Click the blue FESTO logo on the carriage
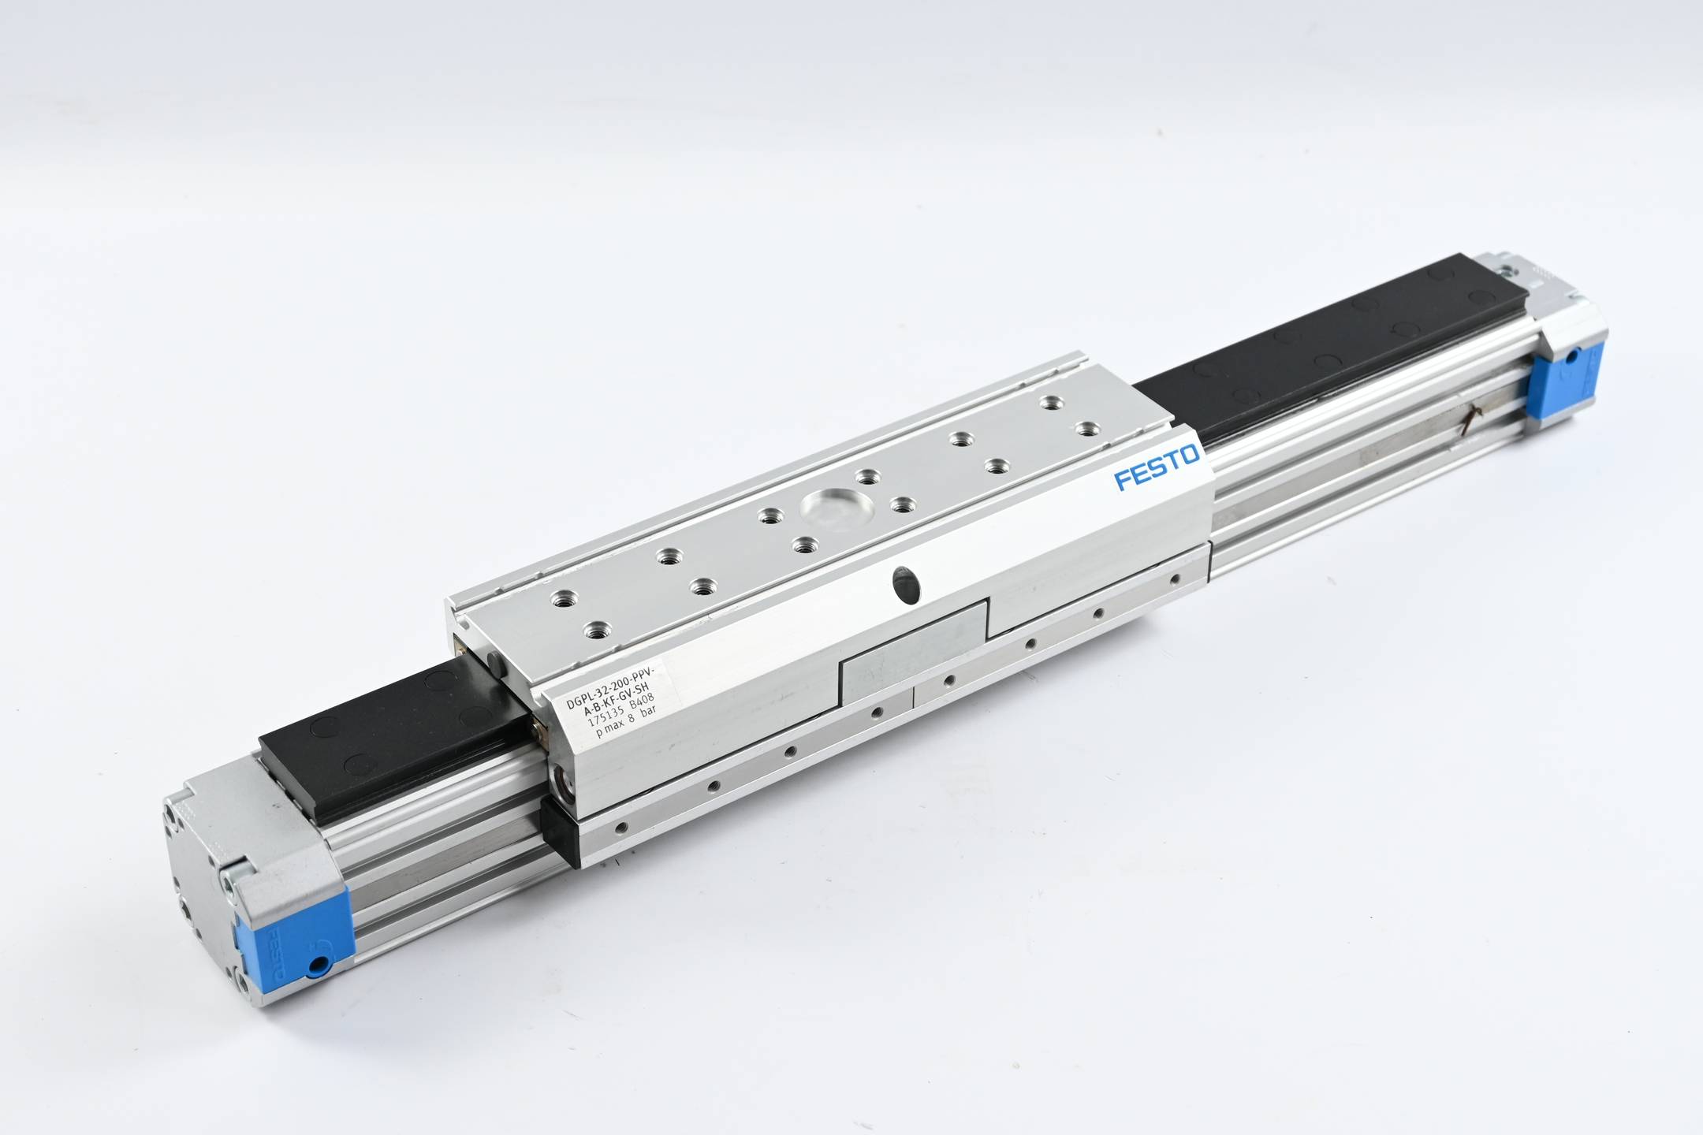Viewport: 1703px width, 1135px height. pos(1157,468)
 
